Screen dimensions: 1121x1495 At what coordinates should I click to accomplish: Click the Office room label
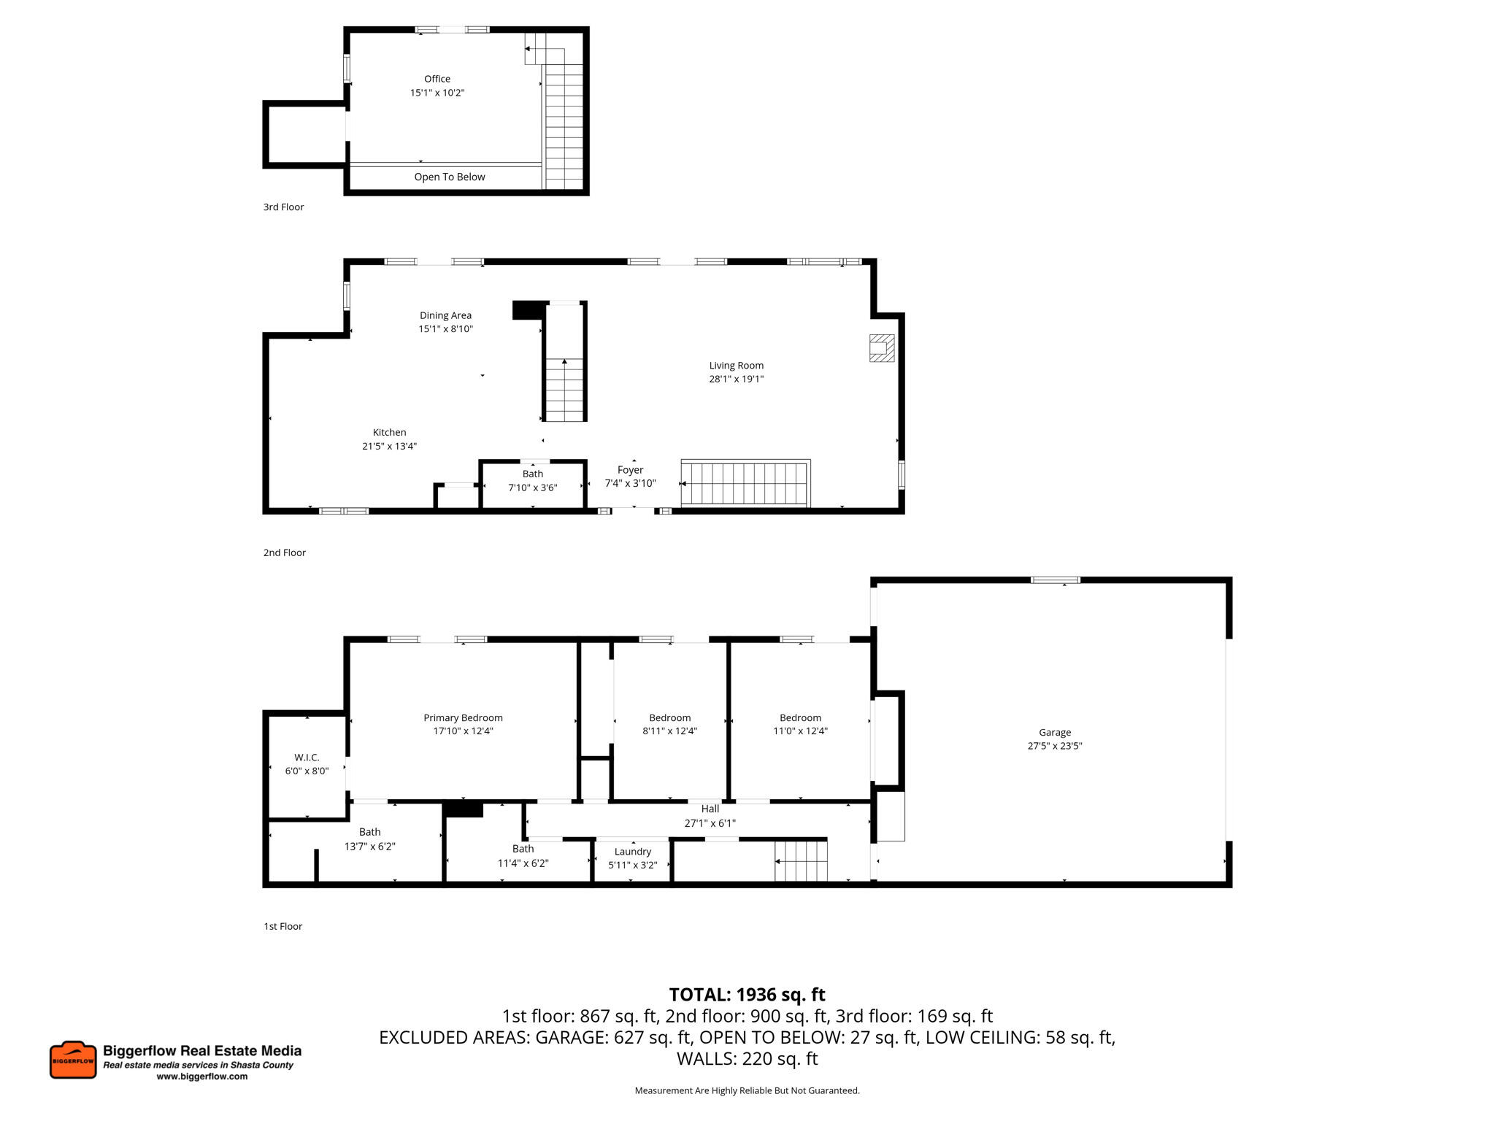[x=437, y=79]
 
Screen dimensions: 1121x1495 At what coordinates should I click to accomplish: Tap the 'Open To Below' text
[x=450, y=177]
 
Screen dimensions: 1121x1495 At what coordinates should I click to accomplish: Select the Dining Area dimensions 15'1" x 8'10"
[x=445, y=329]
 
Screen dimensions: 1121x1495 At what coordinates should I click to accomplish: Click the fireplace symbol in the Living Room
[x=881, y=348]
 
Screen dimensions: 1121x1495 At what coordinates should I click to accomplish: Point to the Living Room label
[x=736, y=366]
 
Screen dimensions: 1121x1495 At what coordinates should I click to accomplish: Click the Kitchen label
[x=389, y=433]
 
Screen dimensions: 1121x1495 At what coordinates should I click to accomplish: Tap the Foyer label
[x=630, y=470]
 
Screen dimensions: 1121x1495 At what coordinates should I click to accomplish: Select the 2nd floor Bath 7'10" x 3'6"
[x=533, y=481]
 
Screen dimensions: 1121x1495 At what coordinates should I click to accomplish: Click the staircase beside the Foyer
[x=745, y=483]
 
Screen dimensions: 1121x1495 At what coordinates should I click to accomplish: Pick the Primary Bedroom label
[x=463, y=718]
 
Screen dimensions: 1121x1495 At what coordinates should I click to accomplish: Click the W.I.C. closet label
[x=307, y=758]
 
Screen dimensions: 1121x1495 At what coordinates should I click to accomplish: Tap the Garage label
[x=1055, y=733]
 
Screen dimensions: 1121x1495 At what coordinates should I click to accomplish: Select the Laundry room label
[x=632, y=852]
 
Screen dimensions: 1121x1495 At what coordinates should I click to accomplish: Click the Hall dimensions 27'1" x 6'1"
[x=710, y=823]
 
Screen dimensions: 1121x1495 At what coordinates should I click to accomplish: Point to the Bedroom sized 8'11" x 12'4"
[x=669, y=724]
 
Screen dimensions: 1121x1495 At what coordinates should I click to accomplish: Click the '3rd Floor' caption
[x=283, y=207]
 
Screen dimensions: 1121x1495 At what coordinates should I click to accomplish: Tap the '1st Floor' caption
[x=283, y=926]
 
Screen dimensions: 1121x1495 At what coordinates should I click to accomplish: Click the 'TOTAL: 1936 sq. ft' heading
[x=747, y=995]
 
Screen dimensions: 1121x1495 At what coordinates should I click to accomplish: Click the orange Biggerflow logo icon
[x=73, y=1060]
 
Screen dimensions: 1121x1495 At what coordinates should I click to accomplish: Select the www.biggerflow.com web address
[x=202, y=1076]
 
